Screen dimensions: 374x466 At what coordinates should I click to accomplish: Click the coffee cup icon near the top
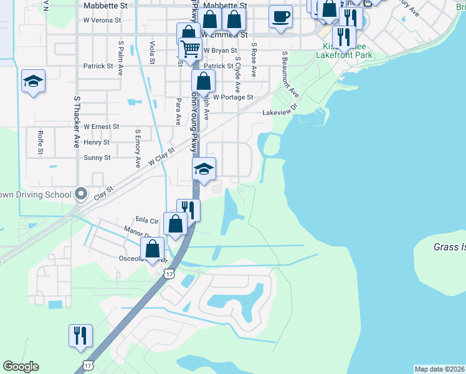point(281,16)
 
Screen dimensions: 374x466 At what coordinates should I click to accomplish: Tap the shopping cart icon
point(190,49)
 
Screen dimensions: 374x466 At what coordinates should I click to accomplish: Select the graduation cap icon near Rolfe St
point(33,82)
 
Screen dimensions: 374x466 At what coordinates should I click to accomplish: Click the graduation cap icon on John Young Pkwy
point(204,169)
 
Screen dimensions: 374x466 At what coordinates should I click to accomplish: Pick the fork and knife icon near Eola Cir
point(188,210)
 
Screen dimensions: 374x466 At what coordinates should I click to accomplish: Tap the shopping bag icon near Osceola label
point(153,249)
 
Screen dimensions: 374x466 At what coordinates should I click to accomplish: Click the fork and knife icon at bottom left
point(81,335)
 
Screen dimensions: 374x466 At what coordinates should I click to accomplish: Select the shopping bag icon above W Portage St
point(203,81)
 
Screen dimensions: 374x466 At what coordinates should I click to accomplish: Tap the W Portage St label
point(233,97)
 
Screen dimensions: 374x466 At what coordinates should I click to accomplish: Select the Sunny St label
point(97,158)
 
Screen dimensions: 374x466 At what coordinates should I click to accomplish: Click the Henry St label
point(97,143)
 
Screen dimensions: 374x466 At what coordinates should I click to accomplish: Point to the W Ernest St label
point(102,127)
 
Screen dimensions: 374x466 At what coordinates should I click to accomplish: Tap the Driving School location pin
point(80,193)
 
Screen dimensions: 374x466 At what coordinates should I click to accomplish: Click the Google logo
point(21,367)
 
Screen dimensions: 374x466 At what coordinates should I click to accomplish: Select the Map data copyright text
point(439,369)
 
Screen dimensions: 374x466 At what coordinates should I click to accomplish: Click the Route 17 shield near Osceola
point(169,273)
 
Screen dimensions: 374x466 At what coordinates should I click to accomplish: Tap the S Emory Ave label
point(138,149)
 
